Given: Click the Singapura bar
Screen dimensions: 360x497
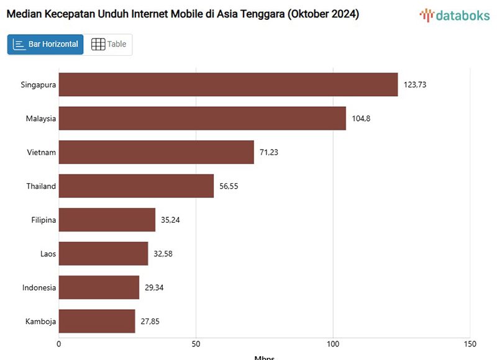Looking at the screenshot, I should (228, 84).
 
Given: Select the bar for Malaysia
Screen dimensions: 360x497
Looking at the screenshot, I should (202, 118).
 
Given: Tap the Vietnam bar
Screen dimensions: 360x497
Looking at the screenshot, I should (156, 152).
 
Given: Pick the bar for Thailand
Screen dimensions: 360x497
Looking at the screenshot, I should (136, 186).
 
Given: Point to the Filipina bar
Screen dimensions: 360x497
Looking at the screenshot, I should (107, 220).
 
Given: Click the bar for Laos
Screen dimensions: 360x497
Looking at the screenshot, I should (103, 253).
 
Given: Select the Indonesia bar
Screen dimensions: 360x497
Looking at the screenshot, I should (99, 287).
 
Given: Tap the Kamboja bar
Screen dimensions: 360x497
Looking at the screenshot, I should (97, 321).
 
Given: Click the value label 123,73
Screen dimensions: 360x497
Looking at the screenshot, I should (415, 84).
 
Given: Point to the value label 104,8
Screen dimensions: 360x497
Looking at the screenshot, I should (361, 119).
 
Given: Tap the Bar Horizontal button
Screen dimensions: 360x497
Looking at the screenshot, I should (45, 44).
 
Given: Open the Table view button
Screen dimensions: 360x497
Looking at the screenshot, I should (109, 44).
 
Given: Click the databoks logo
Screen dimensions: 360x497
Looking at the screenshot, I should (454, 15).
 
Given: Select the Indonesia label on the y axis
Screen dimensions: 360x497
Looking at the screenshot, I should (39, 288).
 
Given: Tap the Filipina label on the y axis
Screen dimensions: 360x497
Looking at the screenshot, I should (43, 220).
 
